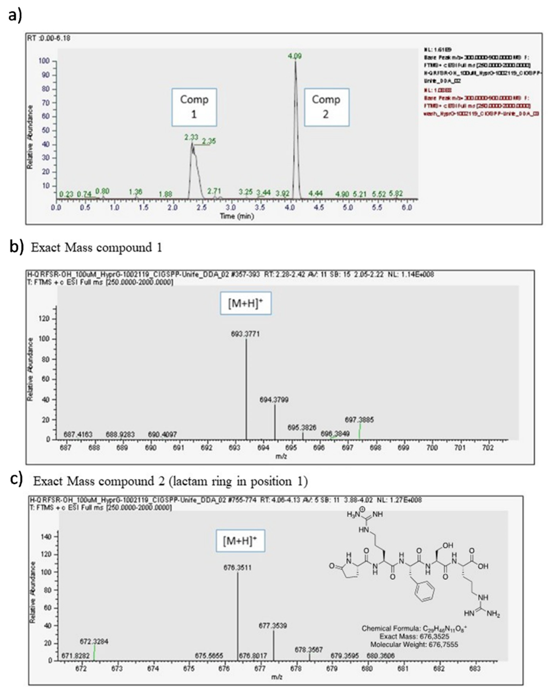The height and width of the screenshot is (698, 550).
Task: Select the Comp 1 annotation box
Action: [x=194, y=107]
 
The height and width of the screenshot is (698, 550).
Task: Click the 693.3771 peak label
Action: [x=245, y=334]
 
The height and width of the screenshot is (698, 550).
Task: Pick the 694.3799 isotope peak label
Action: [x=274, y=400]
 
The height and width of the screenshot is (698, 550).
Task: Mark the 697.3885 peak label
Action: [x=359, y=420]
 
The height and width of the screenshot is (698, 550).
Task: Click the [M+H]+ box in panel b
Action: [x=245, y=303]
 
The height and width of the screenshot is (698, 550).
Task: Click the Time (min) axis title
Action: [x=237, y=216]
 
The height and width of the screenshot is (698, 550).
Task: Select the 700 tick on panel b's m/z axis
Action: [x=432, y=448]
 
